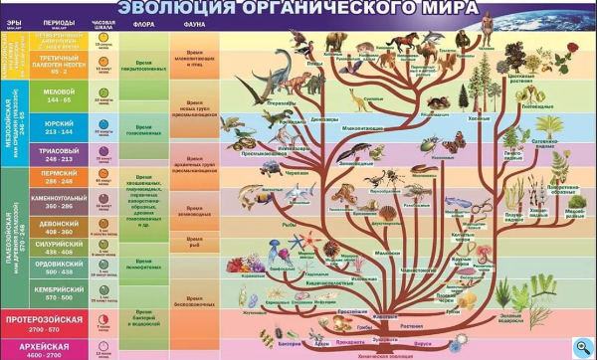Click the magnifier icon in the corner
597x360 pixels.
[584, 347]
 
